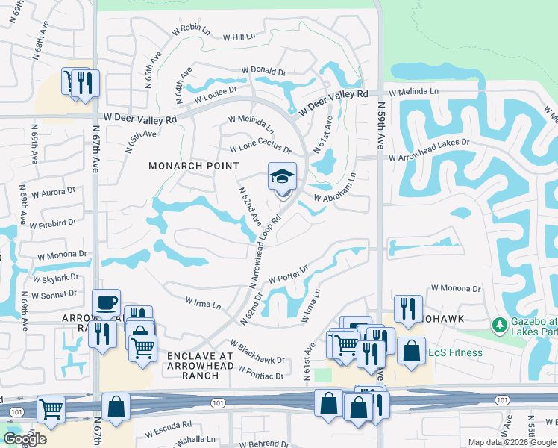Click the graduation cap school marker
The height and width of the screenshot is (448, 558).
pyautogui.click(x=282, y=178)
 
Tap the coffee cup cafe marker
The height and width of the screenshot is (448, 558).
pyautogui.click(x=106, y=304)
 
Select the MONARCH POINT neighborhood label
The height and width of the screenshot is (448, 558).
pyautogui.click(x=193, y=166)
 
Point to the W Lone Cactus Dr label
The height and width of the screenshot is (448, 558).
pyautogui.click(x=260, y=149)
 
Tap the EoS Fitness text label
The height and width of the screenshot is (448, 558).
pyautogui.click(x=455, y=352)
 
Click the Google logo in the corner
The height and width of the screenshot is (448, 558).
pyautogui.click(x=25, y=439)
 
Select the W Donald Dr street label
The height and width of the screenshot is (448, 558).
pyautogui.click(x=264, y=71)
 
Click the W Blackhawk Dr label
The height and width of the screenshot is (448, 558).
pyautogui.click(x=257, y=352)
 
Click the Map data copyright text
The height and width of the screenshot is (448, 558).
pyautogui.click(x=511, y=442)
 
